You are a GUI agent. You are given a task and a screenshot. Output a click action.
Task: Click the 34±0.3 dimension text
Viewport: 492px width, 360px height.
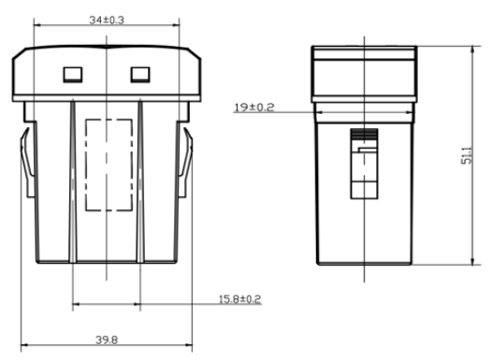[x=107, y=20]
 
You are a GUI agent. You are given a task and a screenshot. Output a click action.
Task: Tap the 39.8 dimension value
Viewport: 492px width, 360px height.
[x=107, y=339]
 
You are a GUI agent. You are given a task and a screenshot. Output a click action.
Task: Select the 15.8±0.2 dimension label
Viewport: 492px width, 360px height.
[x=239, y=299]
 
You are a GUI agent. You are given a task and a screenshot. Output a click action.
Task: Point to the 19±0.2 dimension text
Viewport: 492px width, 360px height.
[x=254, y=108]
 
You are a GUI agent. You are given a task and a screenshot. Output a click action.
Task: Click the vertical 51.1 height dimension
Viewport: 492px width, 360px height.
[x=467, y=155]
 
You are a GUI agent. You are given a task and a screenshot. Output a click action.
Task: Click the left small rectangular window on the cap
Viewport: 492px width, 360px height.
[x=73, y=75]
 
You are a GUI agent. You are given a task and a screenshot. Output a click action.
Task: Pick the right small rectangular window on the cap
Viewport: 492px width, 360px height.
[x=140, y=75]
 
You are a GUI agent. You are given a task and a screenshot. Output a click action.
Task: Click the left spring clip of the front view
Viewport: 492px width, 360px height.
[x=28, y=163]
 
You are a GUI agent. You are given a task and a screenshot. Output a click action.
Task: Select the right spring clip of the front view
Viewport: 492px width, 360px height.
[x=185, y=163]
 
